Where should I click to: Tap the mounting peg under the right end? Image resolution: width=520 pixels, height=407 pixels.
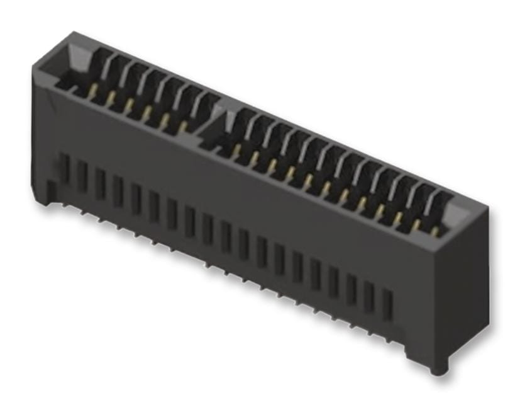(436, 367)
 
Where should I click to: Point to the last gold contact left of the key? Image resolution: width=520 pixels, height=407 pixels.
(183, 126)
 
